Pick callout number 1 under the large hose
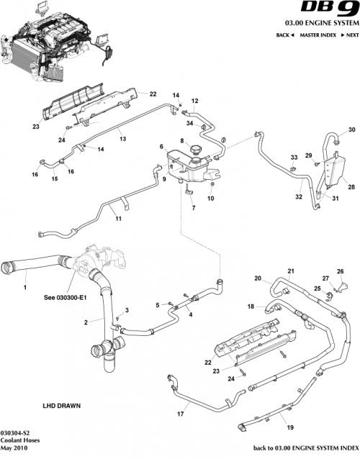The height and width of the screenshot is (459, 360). coord(24,287)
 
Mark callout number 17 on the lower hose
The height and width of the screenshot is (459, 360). coord(181,414)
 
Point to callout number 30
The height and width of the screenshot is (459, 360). coord(352,130)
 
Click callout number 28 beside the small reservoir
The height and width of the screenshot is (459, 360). coord(351,186)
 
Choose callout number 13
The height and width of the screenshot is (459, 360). coord(122,140)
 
